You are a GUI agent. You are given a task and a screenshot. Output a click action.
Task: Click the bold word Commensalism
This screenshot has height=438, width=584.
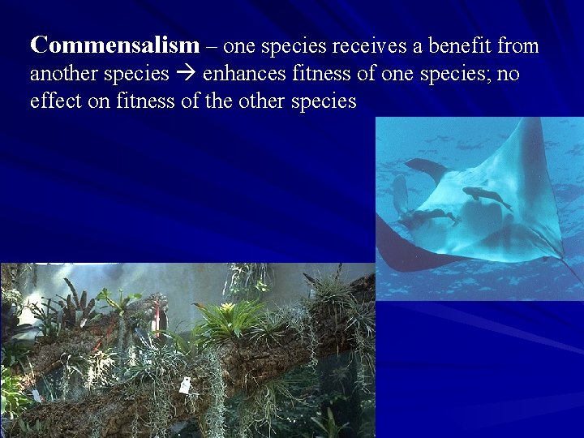coord(114,46)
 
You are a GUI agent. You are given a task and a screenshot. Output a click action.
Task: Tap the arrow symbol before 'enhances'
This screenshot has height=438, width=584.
coord(186,74)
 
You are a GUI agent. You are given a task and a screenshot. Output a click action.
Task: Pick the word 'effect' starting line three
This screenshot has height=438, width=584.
coord(52,101)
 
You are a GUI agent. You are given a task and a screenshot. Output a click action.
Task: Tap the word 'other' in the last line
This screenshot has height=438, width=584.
coord(273,101)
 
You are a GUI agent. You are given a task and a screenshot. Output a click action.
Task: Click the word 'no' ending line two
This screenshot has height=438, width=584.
coord(509,74)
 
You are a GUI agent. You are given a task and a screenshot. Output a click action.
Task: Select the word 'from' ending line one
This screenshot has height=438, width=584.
coord(520,46)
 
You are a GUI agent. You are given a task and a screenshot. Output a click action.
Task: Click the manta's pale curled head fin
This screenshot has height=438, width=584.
coord(400,195)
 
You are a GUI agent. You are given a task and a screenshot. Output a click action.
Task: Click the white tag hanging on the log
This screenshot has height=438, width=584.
coord(185,385)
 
